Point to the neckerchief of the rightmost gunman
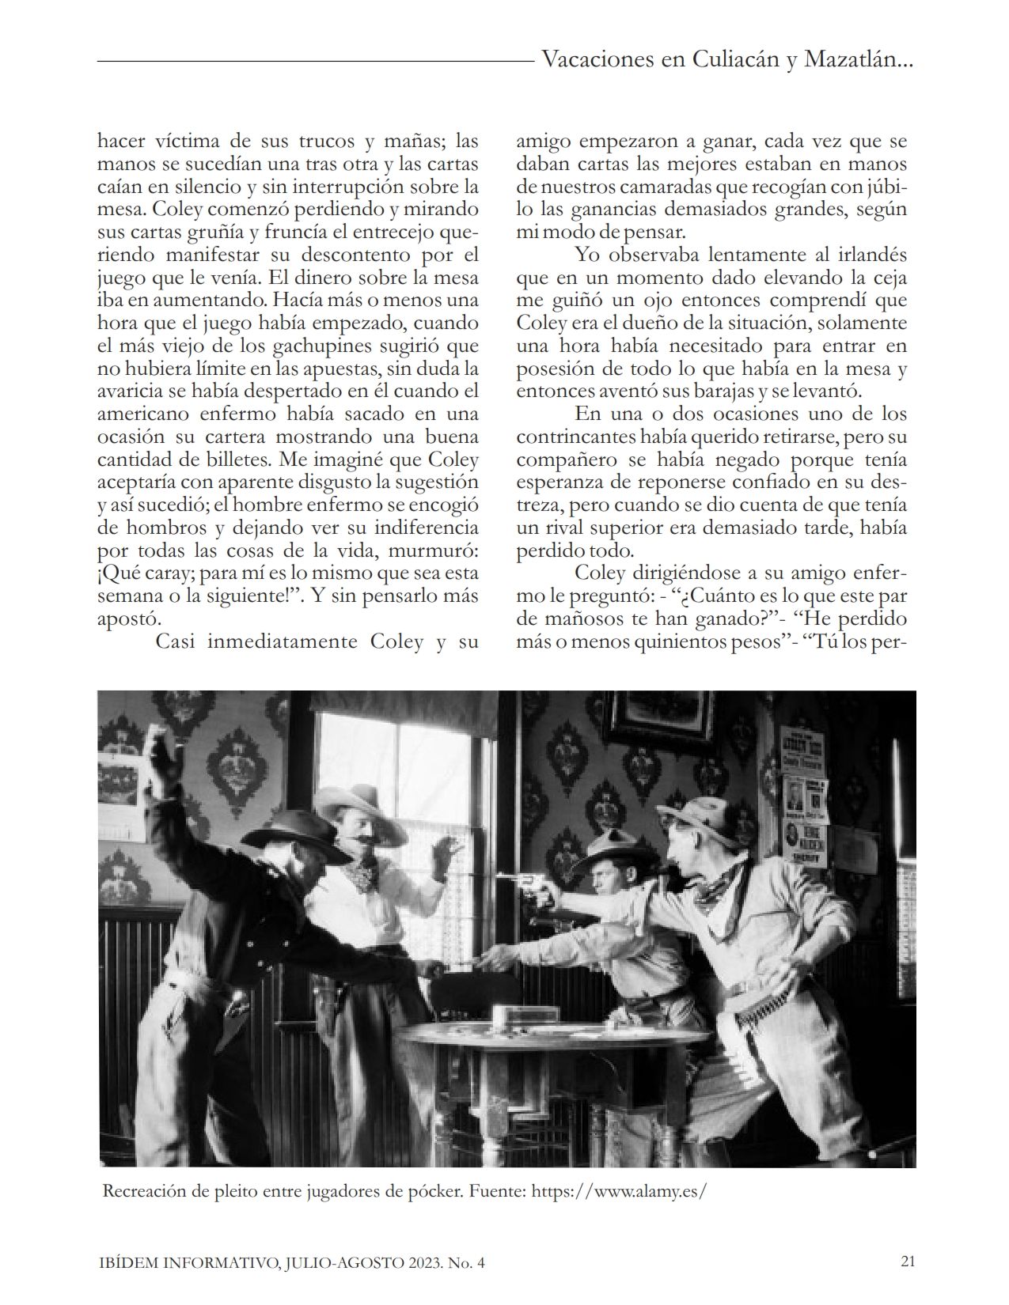(719, 884)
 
